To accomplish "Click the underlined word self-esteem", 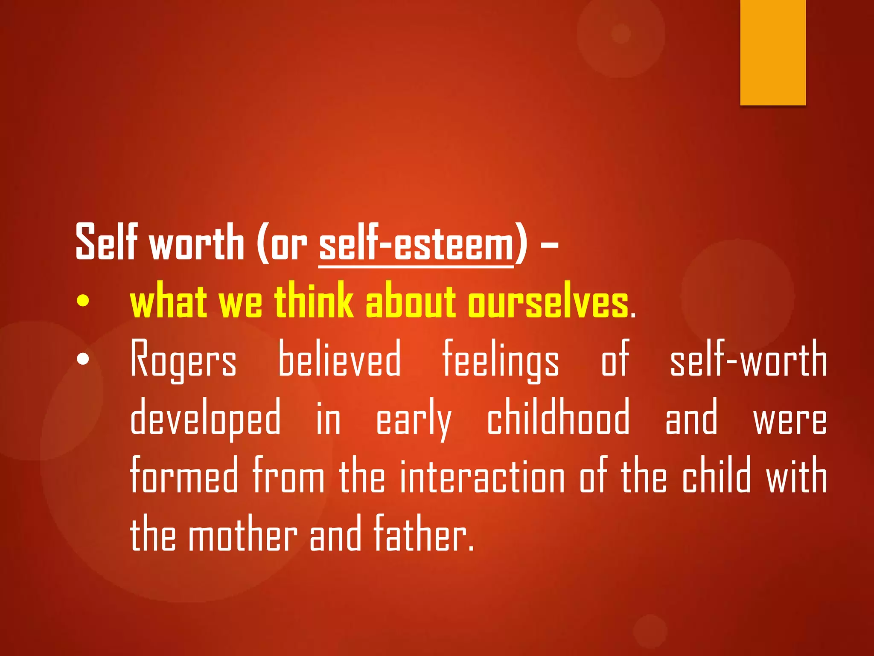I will [416, 243].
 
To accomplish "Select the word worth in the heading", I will [196, 243].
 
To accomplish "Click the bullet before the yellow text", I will [83, 302].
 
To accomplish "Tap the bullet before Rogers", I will [83, 359].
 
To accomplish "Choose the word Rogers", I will [183, 360].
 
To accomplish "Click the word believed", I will [339, 359].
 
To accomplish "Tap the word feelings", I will [501, 360].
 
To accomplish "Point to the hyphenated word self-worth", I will [748, 359].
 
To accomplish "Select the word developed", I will [205, 418].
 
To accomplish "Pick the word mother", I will [243, 534].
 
